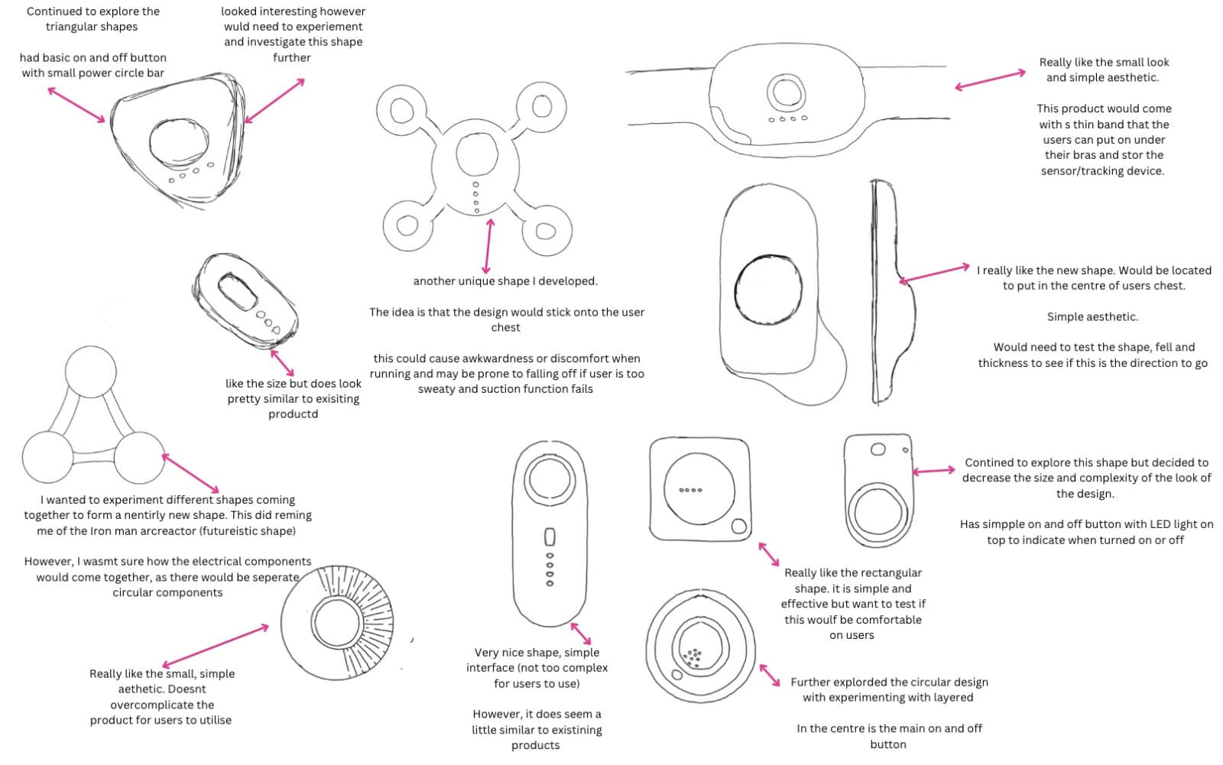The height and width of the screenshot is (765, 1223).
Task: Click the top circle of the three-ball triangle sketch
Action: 91,371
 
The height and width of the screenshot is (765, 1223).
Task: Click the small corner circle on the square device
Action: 738,527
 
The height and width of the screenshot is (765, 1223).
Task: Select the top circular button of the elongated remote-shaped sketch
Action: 549,481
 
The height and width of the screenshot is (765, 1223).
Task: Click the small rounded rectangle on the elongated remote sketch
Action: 549,536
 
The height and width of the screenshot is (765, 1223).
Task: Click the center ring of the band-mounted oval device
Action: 785,92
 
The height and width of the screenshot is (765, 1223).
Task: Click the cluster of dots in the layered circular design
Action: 693,656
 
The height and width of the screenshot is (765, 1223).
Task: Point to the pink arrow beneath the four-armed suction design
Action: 488,246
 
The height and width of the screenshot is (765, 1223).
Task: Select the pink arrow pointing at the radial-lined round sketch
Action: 216,646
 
